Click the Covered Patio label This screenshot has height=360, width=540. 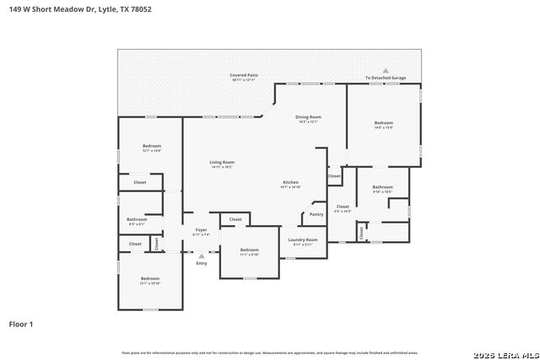coord(244,75)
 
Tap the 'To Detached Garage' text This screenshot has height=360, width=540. coord(386,78)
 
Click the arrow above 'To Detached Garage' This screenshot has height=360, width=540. coord(386,71)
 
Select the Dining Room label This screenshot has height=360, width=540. coord(308,117)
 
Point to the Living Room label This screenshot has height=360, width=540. coord(222,162)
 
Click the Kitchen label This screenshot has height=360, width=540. coord(290,182)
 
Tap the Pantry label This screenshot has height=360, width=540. coord(316,214)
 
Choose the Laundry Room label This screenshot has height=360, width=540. coord(302,240)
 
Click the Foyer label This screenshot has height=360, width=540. coord(201,229)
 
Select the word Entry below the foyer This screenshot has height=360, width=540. coord(202,264)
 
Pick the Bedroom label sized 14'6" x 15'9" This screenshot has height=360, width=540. coord(384,123)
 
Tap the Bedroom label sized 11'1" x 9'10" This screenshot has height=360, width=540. coord(249,250)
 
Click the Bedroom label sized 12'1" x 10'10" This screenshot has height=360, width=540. coord(150,279)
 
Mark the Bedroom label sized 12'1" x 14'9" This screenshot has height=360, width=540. coord(151,147)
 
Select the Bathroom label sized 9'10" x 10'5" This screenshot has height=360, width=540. coord(383,187)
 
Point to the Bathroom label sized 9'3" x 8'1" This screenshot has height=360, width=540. coord(137,219)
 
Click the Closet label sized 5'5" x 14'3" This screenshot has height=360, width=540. coord(343,207)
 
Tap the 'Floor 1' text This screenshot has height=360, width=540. coord(21,324)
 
